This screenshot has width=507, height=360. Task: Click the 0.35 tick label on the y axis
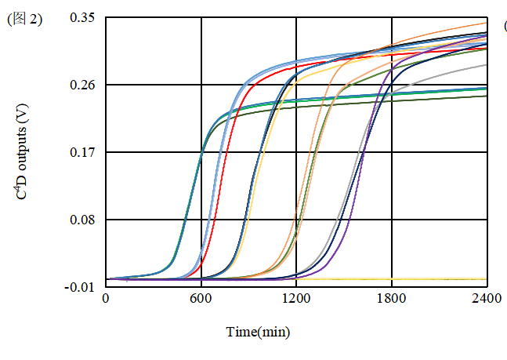coord(81,16)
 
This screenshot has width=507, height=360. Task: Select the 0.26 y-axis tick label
coord(81,85)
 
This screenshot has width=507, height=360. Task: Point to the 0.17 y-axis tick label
coord(81,152)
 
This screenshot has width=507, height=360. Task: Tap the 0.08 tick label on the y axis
coord(81,220)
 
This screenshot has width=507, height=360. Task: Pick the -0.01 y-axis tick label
coord(80,287)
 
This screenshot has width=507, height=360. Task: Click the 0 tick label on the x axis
coord(106,299)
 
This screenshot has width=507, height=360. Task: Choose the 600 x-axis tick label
coord(201,299)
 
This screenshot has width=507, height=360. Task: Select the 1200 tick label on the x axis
coord(296,299)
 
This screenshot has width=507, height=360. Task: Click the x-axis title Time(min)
coord(258,332)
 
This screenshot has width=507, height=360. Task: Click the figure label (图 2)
coord(24,20)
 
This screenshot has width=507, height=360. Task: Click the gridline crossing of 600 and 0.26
coord(201,85)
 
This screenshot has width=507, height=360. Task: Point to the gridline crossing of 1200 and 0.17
coord(296,152)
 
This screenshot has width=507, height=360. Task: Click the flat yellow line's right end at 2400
coord(486,278)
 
